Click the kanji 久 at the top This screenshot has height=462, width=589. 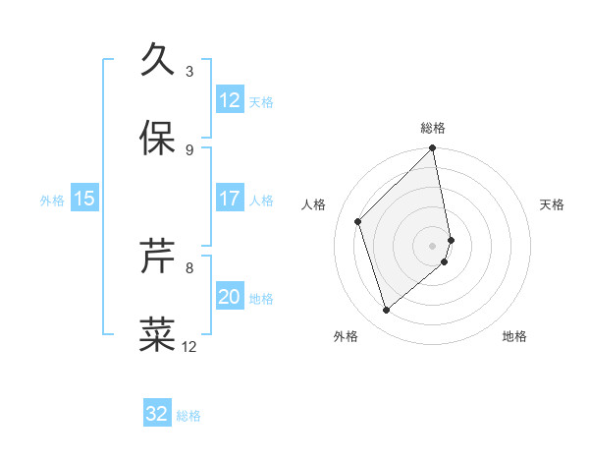158,61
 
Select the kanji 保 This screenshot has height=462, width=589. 158,139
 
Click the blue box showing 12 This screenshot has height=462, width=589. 230,100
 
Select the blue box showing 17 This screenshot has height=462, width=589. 230,199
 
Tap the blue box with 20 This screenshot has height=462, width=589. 230,297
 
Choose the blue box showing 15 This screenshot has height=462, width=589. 84,199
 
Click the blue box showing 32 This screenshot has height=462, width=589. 157,414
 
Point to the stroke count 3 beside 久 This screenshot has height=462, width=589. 188,72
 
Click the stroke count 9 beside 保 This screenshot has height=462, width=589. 188,149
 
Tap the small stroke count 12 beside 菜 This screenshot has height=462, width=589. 189,346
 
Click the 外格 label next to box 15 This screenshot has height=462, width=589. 52,200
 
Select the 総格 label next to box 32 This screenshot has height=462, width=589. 188,416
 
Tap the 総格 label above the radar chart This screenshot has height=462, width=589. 433,128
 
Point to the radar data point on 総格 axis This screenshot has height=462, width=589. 433,149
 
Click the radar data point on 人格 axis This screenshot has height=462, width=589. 358,221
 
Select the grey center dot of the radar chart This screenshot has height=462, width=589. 433,245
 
